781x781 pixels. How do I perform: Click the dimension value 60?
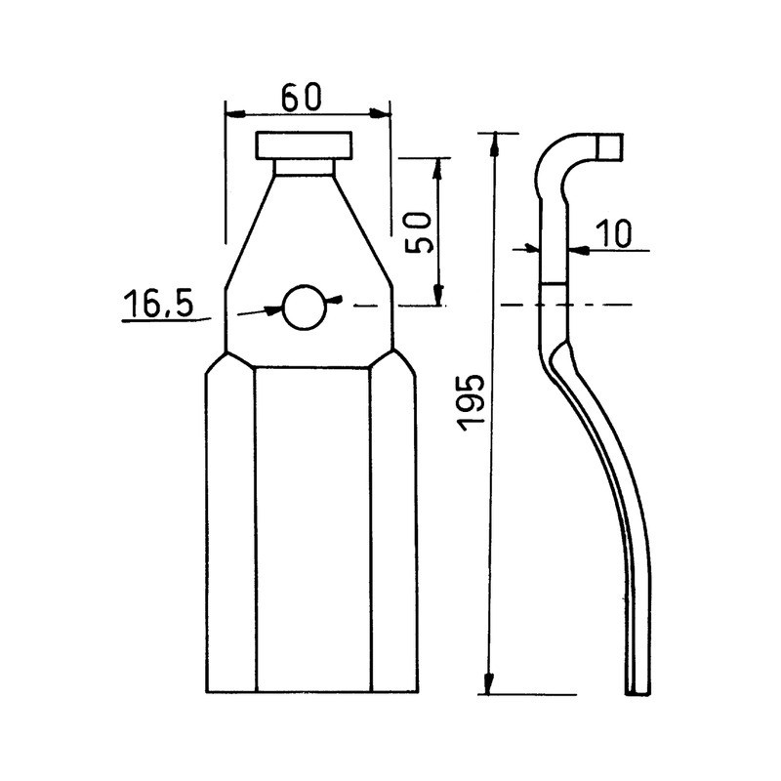(301, 98)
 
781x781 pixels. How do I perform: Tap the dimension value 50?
(420, 231)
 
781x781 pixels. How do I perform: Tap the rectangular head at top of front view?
(304, 145)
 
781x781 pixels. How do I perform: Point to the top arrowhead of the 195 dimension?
(494, 143)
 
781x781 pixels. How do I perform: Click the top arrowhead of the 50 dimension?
(437, 167)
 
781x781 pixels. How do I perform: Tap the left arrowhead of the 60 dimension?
(234, 114)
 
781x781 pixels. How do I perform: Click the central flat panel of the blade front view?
(312, 527)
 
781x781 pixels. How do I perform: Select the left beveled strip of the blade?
(230, 527)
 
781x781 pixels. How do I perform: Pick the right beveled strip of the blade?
(393, 527)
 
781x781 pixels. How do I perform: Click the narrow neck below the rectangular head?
(304, 167)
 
